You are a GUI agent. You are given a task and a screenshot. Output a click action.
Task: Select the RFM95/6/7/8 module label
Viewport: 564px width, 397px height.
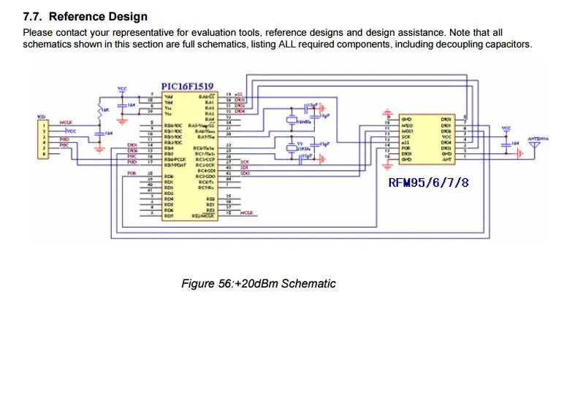tap(428, 182)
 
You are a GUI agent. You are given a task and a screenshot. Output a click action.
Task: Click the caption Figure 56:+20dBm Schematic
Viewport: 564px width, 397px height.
tap(259, 283)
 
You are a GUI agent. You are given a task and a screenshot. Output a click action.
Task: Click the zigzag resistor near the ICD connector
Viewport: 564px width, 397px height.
tap(101, 109)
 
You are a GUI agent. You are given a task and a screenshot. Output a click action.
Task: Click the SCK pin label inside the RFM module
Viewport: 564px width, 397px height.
tap(408, 136)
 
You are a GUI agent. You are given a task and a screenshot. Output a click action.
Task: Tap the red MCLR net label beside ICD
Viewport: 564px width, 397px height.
tap(65, 122)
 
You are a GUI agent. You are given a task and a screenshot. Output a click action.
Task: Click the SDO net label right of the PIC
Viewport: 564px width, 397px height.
tap(245, 172)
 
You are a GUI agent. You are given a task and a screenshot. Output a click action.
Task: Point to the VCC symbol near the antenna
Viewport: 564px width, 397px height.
tap(506, 128)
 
